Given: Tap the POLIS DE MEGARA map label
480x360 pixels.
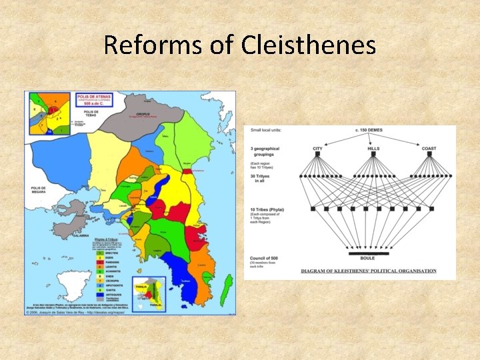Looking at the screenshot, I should [38, 191].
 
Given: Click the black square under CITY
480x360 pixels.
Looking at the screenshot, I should [317, 154].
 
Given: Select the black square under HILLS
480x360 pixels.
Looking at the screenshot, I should [373, 154].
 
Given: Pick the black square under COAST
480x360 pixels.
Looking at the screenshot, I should [429, 154].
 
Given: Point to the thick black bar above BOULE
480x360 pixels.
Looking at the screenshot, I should [369, 254].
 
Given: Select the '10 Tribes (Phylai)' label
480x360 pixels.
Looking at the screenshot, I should [267, 209].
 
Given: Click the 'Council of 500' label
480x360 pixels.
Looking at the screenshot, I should [266, 259].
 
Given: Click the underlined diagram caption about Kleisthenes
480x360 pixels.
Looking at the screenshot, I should [368, 271].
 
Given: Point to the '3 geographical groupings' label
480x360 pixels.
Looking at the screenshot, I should [265, 151].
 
